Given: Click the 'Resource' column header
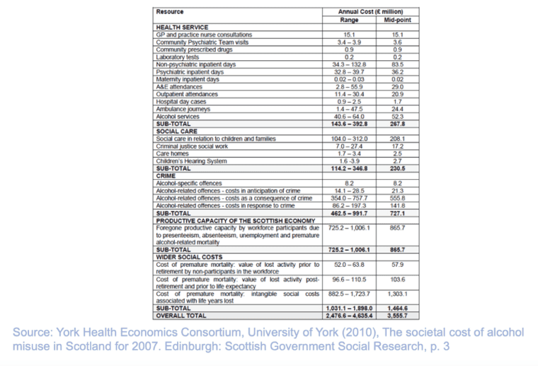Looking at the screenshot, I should (170, 11).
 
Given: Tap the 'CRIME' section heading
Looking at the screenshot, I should (165, 175).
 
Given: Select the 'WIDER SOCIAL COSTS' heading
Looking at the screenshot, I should (186, 256).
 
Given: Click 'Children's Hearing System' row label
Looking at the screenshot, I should (190, 161).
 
